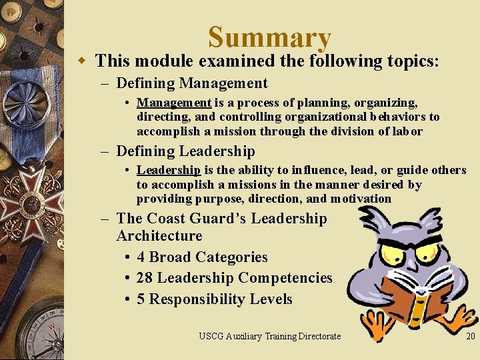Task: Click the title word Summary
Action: tap(269, 38)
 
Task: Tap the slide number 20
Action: tap(471, 336)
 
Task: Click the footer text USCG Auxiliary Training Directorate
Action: tap(269, 336)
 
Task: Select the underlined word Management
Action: tap(174, 103)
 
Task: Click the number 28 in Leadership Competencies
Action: tap(145, 277)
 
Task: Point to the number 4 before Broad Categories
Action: tap(141, 257)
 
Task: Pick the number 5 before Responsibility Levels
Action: tap(141, 299)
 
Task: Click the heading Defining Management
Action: tap(191, 83)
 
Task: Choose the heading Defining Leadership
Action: tap(185, 151)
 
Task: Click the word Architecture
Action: tap(159, 235)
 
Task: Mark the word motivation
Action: tap(359, 199)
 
